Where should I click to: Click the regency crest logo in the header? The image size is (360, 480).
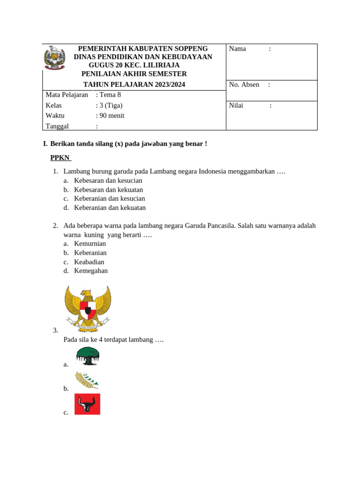(54, 58)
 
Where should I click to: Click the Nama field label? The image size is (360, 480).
(237, 49)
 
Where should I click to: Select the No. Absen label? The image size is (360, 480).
(244, 85)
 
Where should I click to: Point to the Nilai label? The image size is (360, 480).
(236, 105)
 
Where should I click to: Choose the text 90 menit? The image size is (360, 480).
(112, 116)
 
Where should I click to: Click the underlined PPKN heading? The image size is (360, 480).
(60, 158)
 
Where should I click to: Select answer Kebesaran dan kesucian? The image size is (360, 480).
(108, 180)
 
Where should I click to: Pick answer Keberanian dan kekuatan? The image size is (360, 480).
(110, 208)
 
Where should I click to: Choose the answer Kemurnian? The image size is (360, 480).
(90, 244)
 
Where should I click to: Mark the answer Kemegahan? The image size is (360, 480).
(91, 271)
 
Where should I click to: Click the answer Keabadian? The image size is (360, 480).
(89, 262)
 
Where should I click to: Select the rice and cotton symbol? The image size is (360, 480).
(87, 380)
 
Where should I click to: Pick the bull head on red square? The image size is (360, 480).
(87, 404)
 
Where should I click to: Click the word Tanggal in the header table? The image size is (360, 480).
(57, 126)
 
